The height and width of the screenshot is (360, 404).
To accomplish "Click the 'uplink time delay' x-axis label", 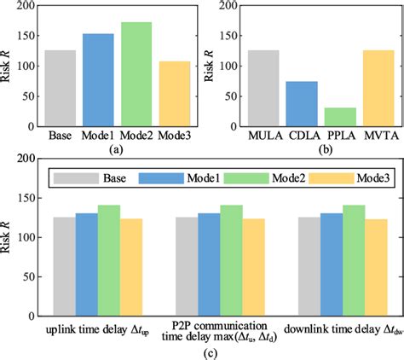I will click(x=95, y=328).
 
